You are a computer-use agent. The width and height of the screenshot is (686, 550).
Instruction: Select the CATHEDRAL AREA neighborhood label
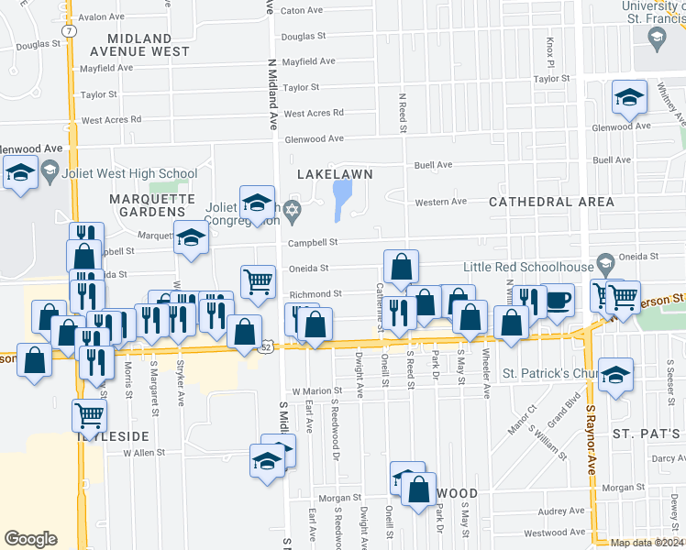click(x=538, y=201)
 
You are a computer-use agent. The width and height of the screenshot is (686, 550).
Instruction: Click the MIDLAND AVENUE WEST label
click(x=139, y=45)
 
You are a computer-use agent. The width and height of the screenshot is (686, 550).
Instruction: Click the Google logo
click(x=30, y=538)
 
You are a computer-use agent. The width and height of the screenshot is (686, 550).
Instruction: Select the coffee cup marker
click(x=559, y=299)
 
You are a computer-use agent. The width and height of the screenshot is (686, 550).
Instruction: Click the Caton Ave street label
click(x=302, y=11)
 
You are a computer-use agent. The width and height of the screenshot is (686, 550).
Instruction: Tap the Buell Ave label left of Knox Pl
click(x=434, y=165)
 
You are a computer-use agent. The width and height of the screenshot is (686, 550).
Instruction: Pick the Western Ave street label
click(x=441, y=202)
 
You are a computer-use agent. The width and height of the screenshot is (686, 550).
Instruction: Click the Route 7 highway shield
click(x=70, y=30)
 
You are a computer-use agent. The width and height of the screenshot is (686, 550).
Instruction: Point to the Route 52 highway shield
click(x=265, y=347)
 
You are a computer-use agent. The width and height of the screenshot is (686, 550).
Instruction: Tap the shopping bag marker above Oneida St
click(x=401, y=267)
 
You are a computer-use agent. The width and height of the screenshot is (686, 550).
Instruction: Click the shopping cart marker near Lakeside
click(x=90, y=414)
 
